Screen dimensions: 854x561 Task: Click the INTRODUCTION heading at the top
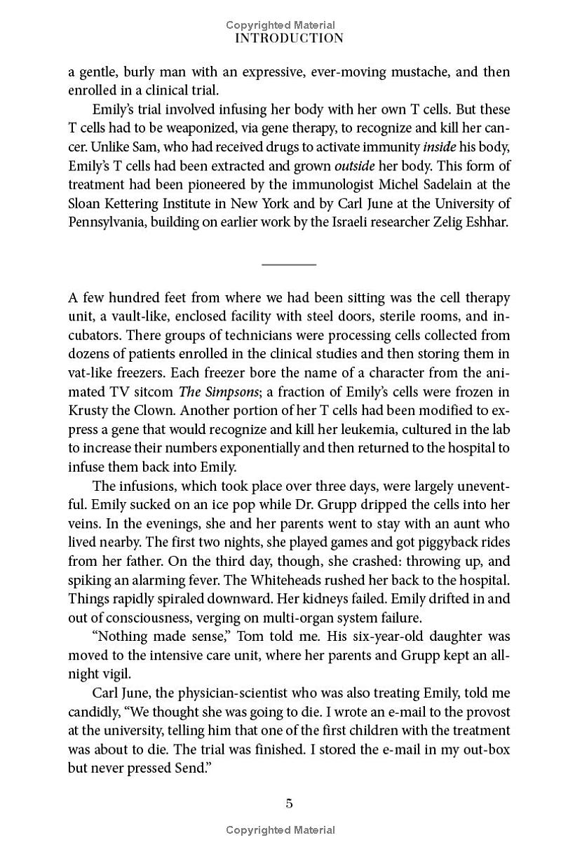[289, 39]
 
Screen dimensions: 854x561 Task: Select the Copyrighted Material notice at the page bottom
[280, 830]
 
